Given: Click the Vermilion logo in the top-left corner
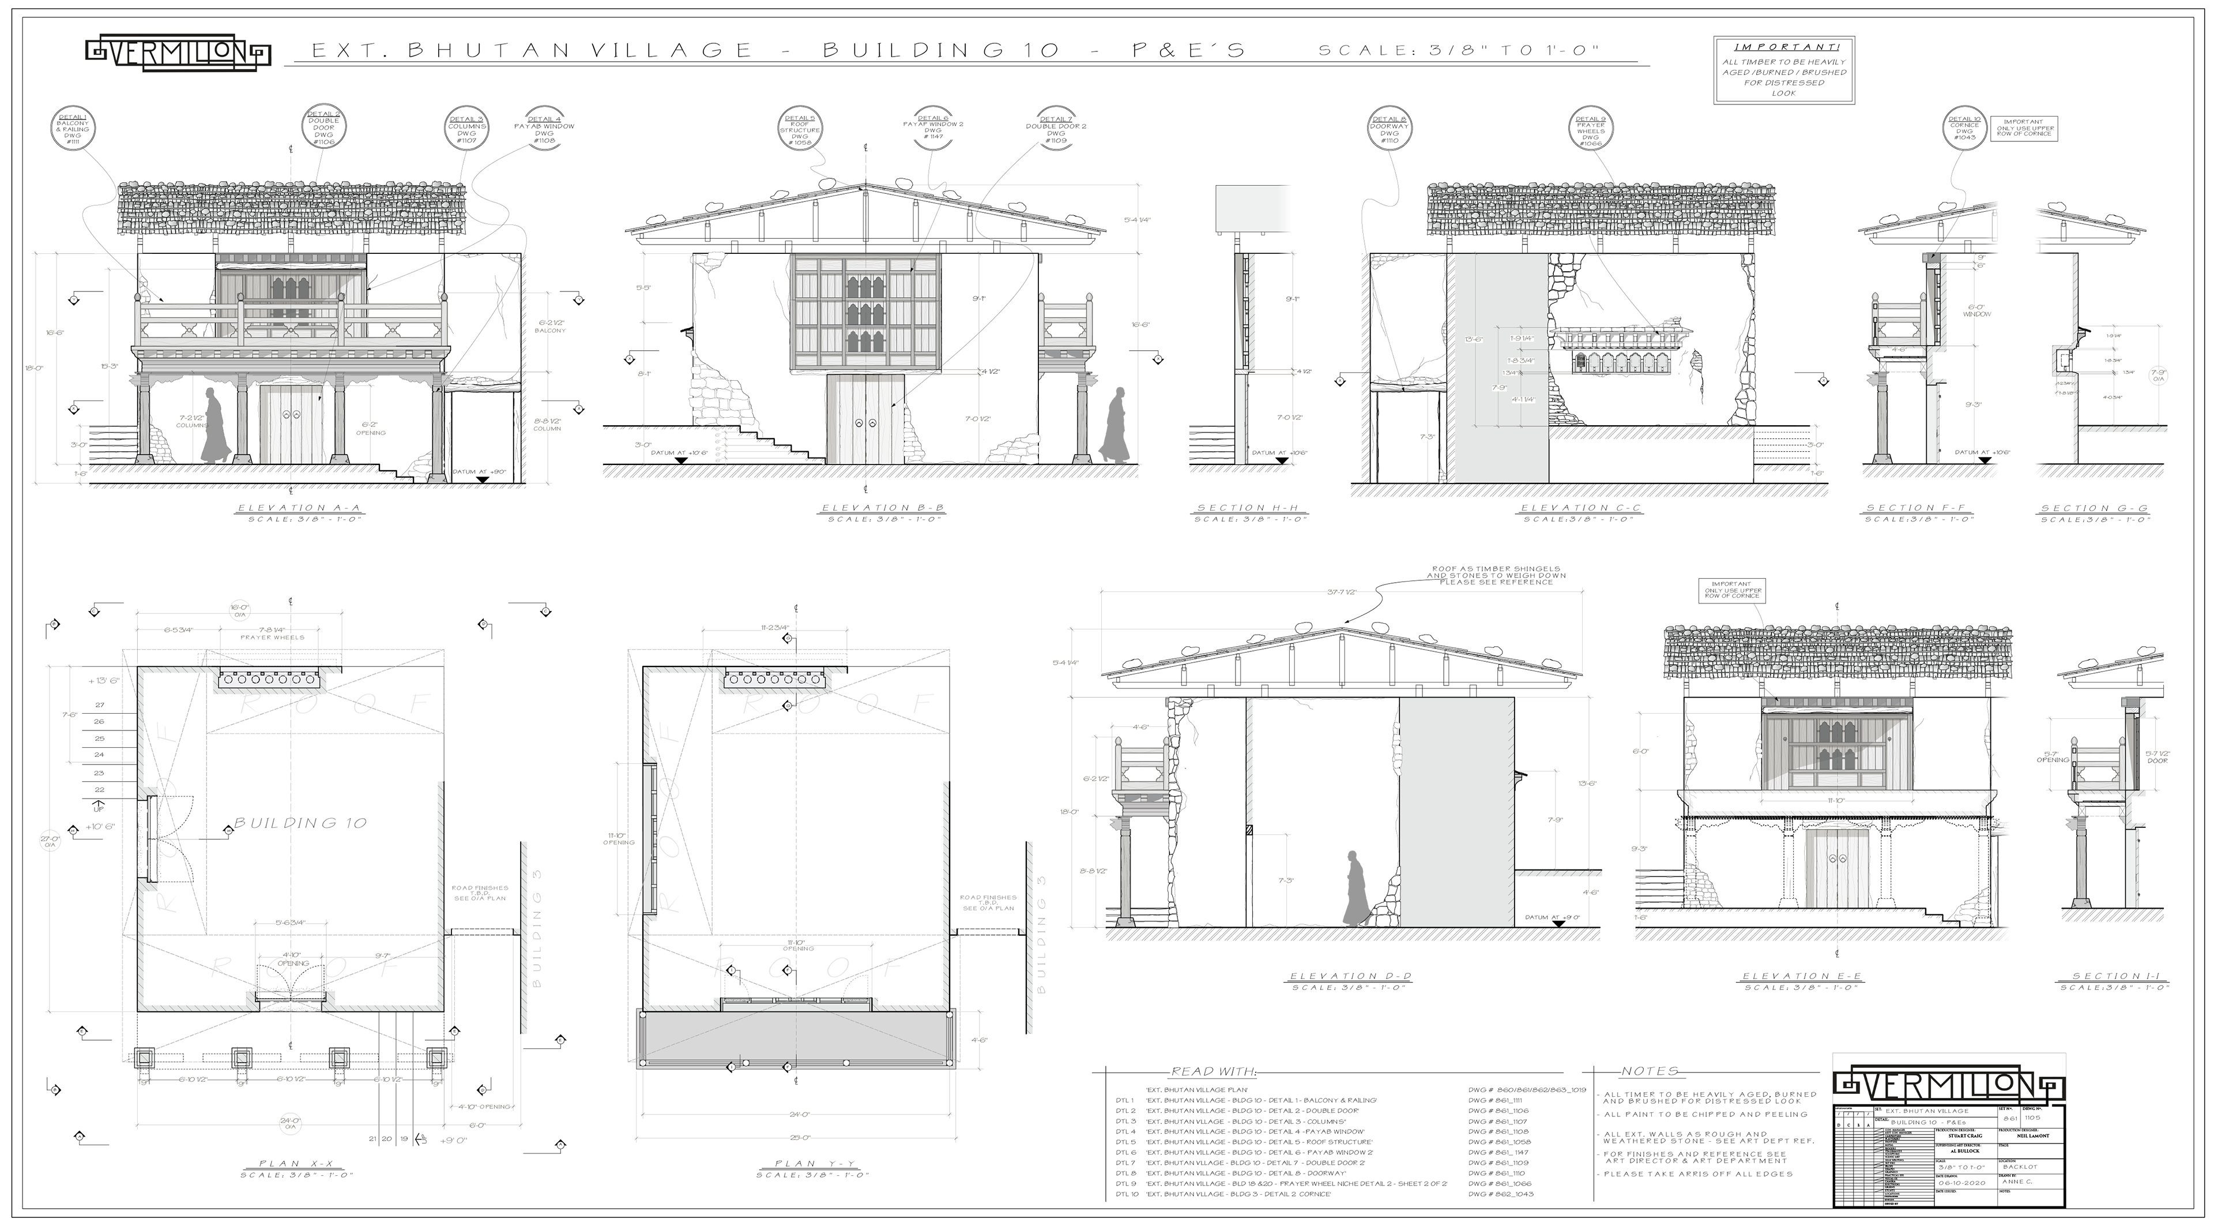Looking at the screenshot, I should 178,53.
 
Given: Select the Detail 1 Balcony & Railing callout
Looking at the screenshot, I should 72,130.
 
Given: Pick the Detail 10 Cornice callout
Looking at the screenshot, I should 1964,128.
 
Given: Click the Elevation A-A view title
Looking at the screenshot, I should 298,508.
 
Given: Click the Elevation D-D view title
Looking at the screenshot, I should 1349,977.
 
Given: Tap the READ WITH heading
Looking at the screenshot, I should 1213,1071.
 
